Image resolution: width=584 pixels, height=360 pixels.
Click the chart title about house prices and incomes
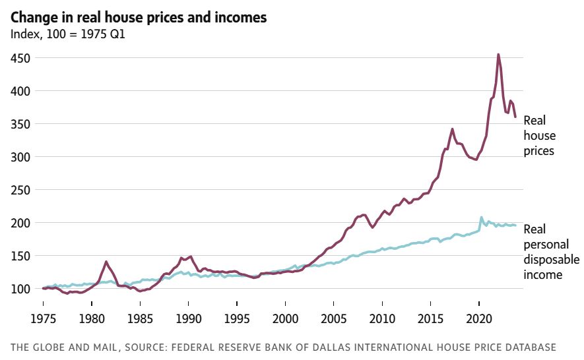[x=139, y=18]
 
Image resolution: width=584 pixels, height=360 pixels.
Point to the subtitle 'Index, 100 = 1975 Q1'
[x=68, y=34]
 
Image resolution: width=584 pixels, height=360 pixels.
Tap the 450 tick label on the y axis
[x=20, y=58]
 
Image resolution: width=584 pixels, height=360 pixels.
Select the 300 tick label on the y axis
[x=20, y=157]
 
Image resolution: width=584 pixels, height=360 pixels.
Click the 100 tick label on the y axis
[x=20, y=289]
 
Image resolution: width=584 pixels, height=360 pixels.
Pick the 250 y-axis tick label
[x=20, y=190]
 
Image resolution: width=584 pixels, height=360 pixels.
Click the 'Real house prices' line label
[x=539, y=136]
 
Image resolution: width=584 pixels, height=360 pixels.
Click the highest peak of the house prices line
[x=498, y=55]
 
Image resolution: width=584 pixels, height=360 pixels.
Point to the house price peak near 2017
[x=452, y=129]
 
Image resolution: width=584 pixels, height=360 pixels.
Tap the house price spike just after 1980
[x=106, y=261]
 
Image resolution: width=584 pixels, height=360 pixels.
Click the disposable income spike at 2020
[x=481, y=217]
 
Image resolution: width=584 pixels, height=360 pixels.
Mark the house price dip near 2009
[x=373, y=227]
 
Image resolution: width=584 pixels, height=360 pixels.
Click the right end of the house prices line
[x=515, y=116]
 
